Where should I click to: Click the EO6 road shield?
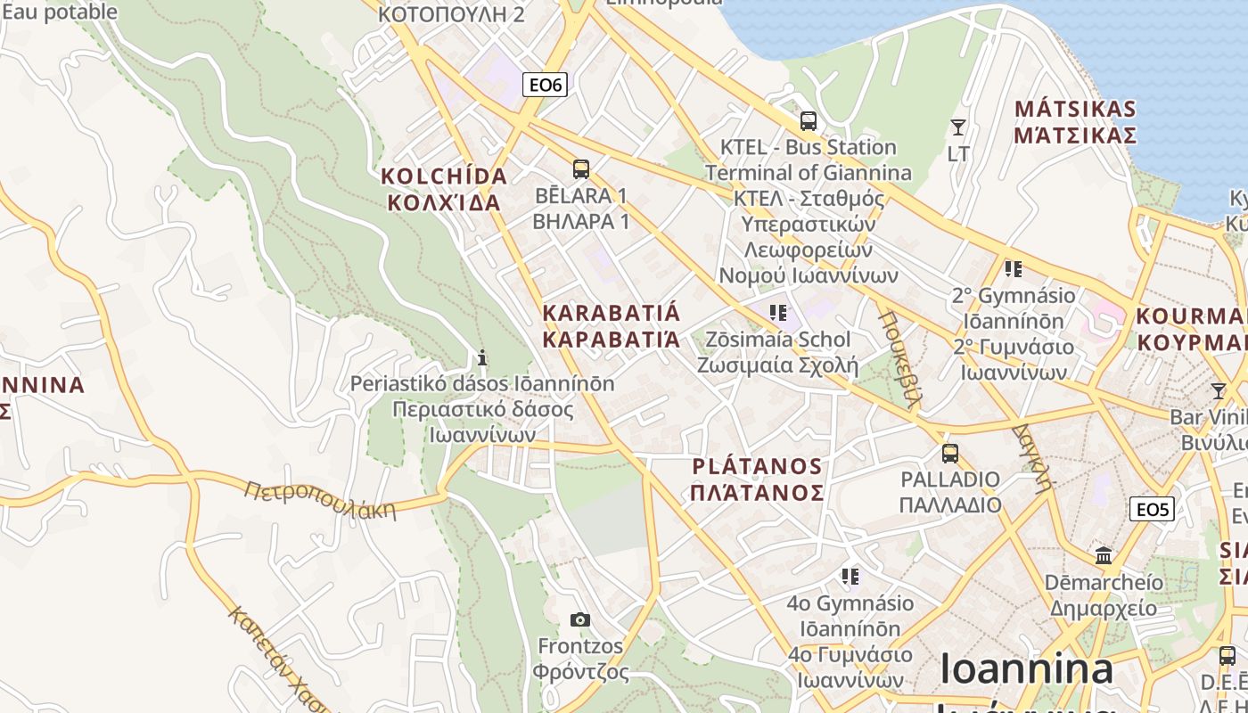(545, 85)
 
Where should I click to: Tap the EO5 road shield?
(1152, 509)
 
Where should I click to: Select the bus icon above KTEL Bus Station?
(809, 121)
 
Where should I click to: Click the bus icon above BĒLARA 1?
(581, 168)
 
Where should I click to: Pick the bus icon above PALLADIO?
(950, 453)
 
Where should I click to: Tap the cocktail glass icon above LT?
(958, 127)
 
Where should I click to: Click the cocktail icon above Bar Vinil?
(1219, 391)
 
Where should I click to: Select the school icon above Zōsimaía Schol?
(778, 313)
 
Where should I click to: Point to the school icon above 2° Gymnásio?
(1013, 268)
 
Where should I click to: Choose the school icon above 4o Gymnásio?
(850, 577)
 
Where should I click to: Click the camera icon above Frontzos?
(580, 619)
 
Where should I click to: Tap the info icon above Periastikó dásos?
(482, 358)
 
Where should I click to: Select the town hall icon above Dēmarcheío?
(1104, 555)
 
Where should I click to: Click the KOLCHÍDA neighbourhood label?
(444, 188)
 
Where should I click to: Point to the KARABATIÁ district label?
(611, 325)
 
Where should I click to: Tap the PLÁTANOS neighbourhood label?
(758, 479)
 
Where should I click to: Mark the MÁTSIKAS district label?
(1076, 122)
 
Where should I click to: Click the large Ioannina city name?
(1027, 669)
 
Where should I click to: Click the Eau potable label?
(58, 12)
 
